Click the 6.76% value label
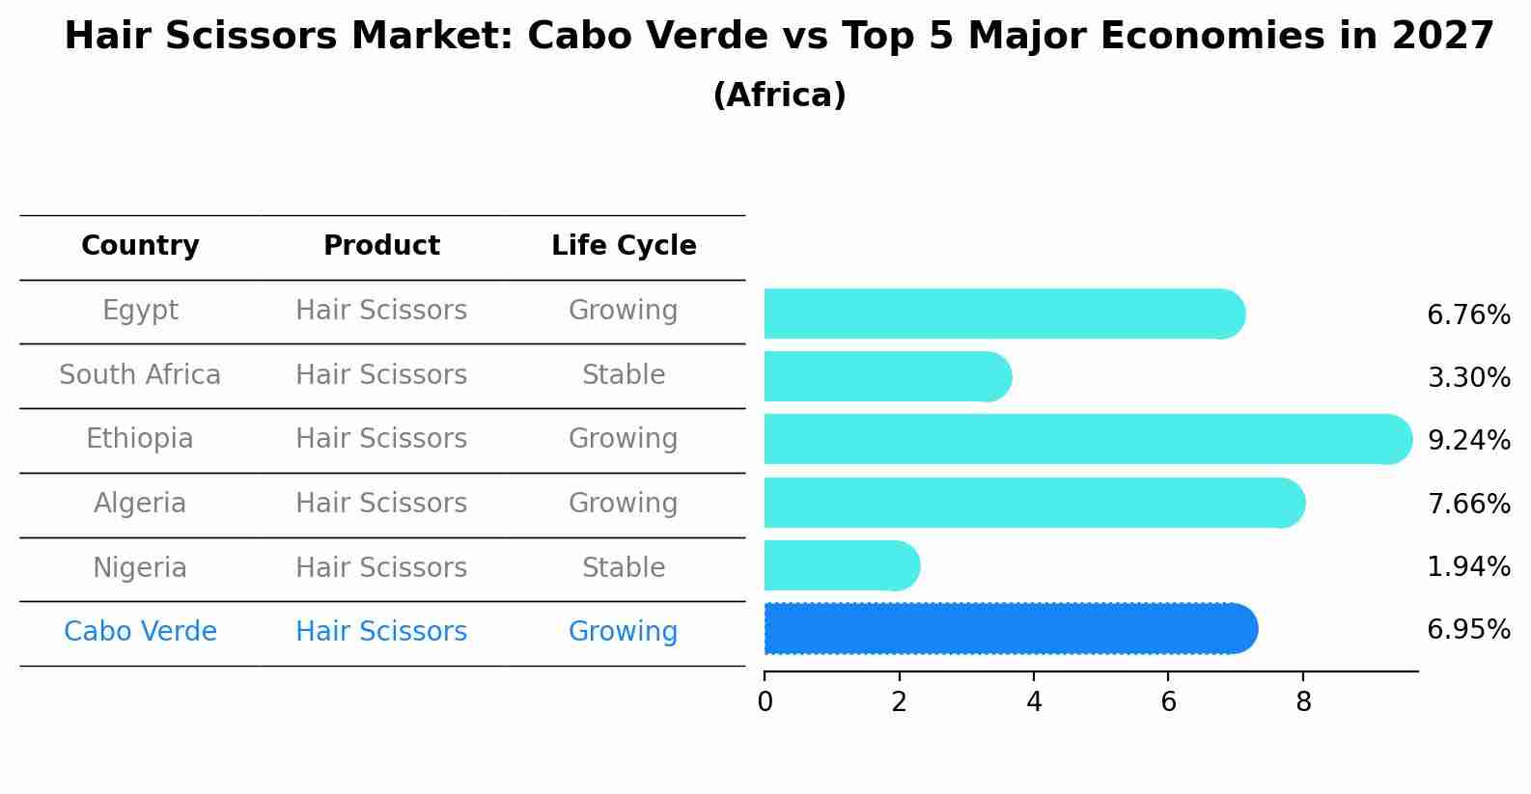coord(1467,315)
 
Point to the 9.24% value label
coord(1467,441)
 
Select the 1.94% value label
coord(1467,567)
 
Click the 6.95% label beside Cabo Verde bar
coord(1467,630)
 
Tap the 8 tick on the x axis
coord(1303,702)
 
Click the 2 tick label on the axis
coord(899,702)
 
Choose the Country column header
coord(140,246)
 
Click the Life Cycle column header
coord(624,246)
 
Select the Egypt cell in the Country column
coord(140,311)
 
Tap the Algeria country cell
coord(140,504)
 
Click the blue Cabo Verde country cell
coord(140,632)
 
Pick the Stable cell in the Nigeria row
coord(624,568)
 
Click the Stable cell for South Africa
coord(624,375)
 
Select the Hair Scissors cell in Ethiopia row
coord(381,439)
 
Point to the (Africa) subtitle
coord(779,96)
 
